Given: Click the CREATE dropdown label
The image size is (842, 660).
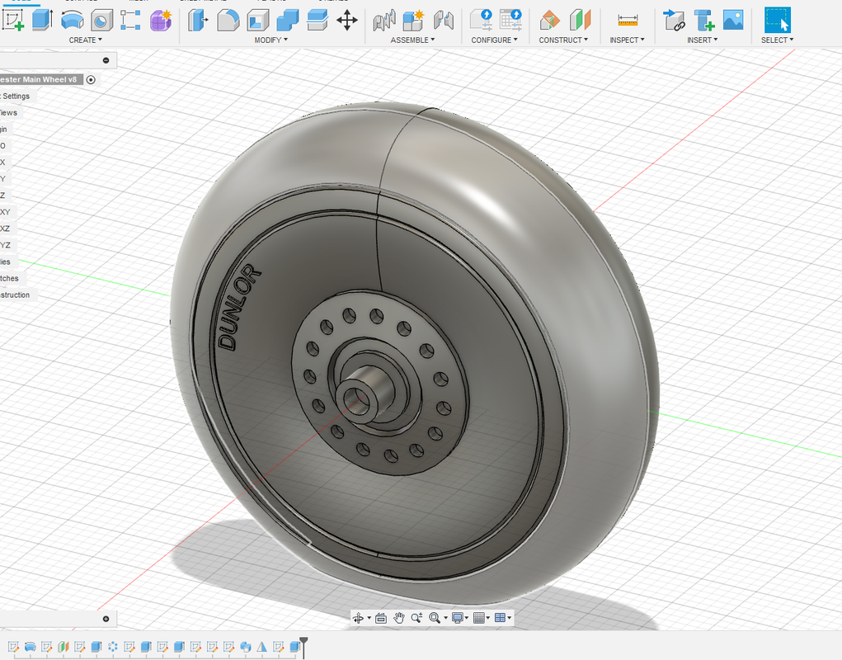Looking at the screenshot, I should (x=86, y=40).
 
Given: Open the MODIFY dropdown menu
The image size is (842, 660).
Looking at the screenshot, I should (x=270, y=40).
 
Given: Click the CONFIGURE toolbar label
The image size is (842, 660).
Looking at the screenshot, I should (x=494, y=40).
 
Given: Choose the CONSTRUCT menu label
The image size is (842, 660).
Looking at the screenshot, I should (x=563, y=40).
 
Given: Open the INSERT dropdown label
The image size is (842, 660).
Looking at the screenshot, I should (x=702, y=40).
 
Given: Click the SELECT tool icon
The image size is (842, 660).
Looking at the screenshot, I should (x=777, y=19).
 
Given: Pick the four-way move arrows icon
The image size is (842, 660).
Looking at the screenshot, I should (x=347, y=20).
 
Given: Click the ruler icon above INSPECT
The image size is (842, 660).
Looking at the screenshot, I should (x=628, y=20).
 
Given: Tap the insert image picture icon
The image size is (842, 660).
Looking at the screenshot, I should (x=733, y=19).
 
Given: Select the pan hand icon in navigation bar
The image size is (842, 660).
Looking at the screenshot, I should (x=399, y=617).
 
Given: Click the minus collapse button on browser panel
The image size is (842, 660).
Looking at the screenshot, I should (x=106, y=60).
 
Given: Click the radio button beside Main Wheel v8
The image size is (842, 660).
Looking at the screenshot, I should (x=91, y=79).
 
